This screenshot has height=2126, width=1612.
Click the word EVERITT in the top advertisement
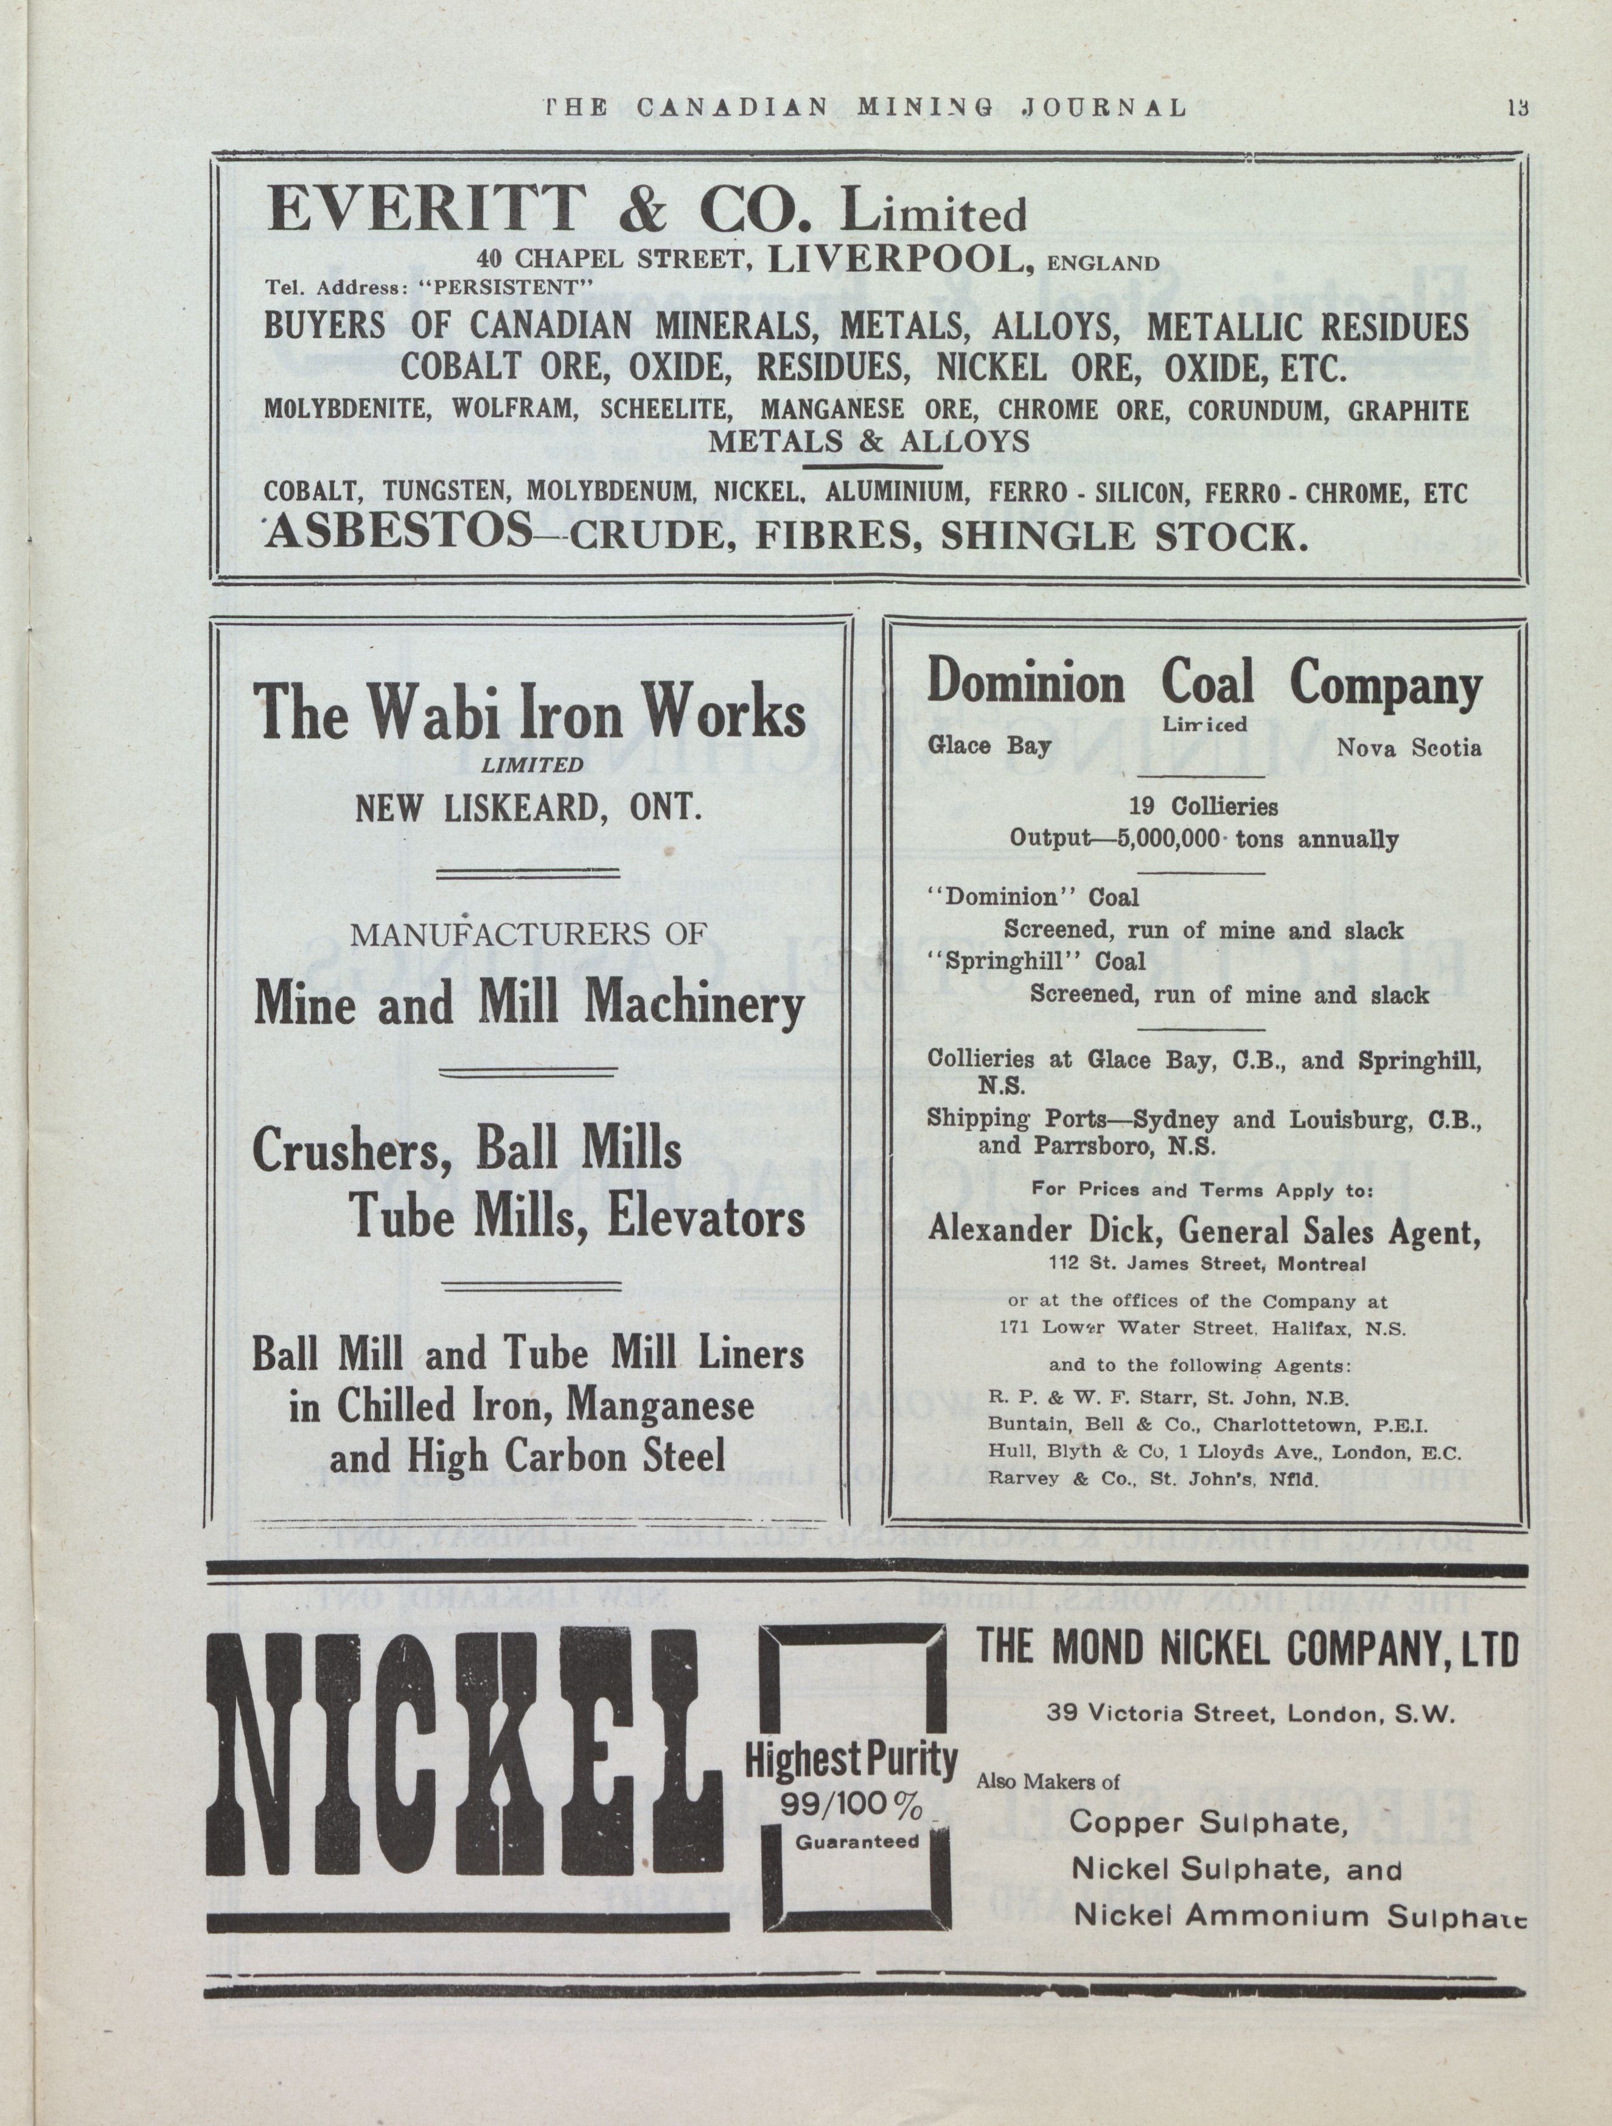426,209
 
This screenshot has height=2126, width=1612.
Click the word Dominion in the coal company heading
1025,686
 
